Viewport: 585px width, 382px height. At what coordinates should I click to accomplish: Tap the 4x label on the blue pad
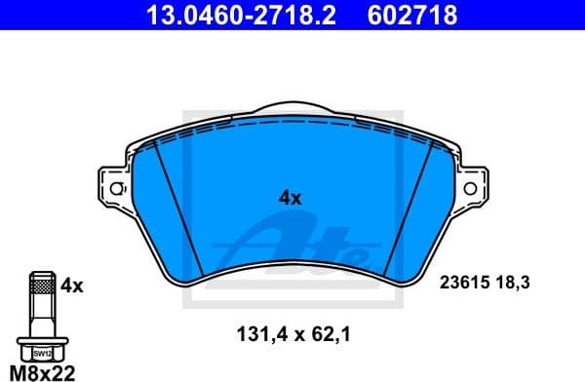[x=291, y=198]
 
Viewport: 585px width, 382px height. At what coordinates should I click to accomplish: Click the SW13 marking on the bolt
[x=41, y=355]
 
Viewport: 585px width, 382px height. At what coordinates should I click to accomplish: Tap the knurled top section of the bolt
[x=41, y=286]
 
